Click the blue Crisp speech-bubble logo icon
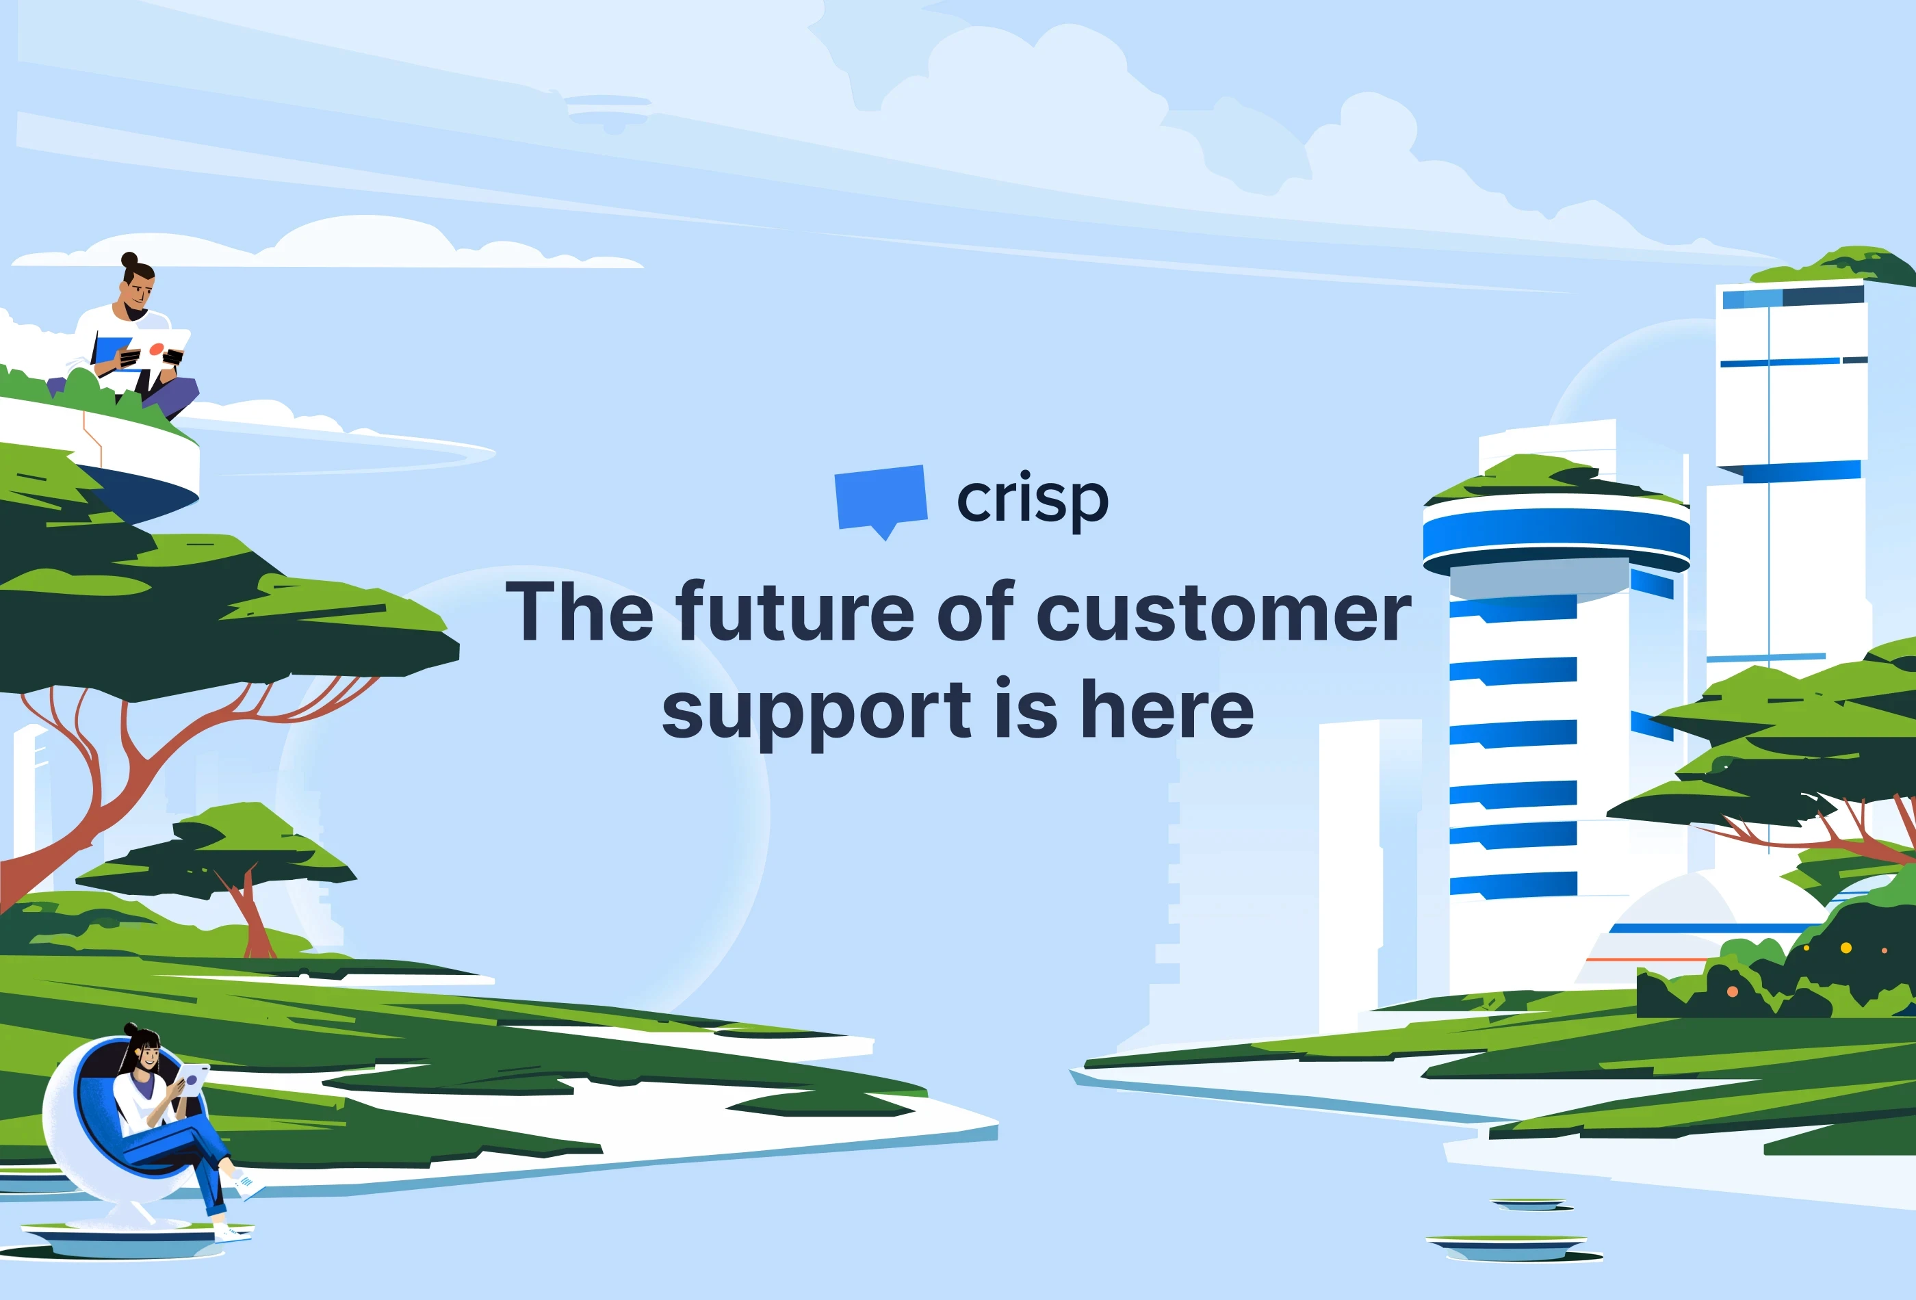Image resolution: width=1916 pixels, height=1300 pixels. [x=881, y=498]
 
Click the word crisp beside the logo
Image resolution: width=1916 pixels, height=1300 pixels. [x=1032, y=499]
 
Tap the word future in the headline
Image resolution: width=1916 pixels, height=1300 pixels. [x=794, y=612]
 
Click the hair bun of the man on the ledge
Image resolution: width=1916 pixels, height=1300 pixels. [x=129, y=260]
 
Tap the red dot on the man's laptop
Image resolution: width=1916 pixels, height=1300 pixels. [x=156, y=350]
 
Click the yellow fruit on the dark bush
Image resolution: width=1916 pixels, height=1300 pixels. [x=1846, y=948]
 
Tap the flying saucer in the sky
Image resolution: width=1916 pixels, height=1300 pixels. [x=608, y=109]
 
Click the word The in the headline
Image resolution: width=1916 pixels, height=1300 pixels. [x=580, y=612]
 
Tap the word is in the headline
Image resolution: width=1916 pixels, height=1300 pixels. [x=1026, y=711]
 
